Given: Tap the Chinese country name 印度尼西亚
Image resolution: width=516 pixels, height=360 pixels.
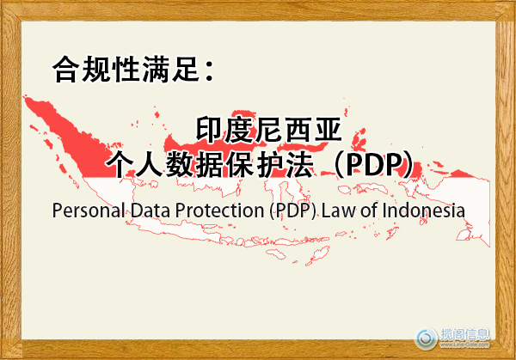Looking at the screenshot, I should click(270, 131).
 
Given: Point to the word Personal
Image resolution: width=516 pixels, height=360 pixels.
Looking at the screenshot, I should click(86, 210).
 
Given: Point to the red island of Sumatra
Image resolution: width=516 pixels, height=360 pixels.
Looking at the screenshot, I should click(69, 137).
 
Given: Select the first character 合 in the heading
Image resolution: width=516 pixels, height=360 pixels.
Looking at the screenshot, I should click(65, 70).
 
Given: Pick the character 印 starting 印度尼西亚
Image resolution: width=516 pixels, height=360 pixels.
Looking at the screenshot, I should click(210, 131).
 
